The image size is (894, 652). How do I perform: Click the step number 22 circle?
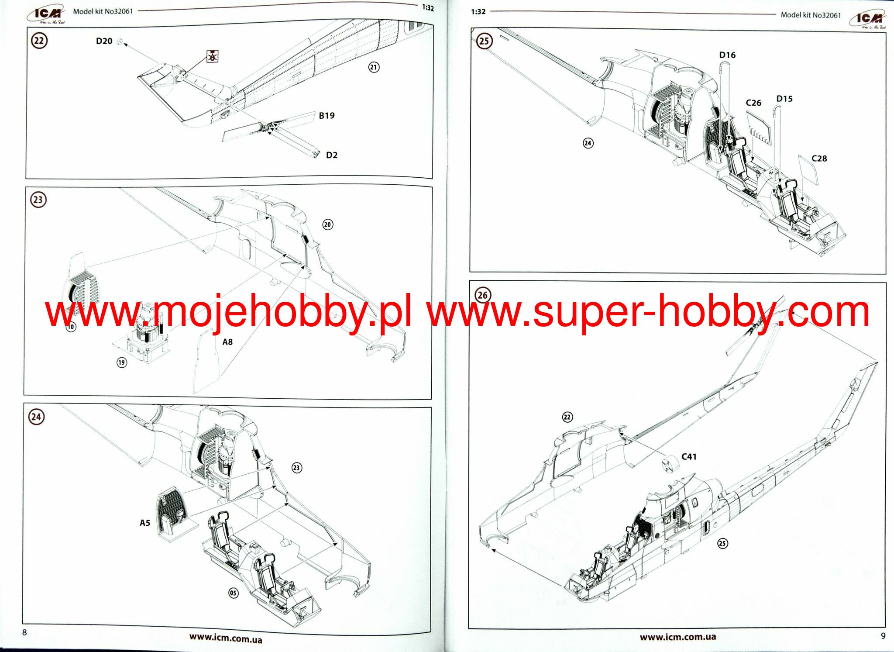[39, 41]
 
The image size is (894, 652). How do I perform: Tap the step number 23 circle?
[38, 200]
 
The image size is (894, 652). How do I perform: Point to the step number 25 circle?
[484, 41]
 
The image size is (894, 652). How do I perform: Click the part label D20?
[104, 41]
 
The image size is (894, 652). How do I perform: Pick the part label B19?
[327, 116]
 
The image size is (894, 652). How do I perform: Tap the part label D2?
[332, 155]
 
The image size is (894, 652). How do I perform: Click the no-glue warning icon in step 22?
[212, 56]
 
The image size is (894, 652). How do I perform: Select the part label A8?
[227, 342]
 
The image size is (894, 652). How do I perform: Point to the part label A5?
[145, 523]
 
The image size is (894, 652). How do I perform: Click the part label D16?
[727, 55]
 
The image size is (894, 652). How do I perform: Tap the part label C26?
[753, 103]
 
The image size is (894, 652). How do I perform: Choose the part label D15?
[784, 99]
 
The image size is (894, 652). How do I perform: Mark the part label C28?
[819, 159]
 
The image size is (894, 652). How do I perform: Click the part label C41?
[689, 457]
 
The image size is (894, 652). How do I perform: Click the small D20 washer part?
[120, 42]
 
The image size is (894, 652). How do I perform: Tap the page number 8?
[24, 632]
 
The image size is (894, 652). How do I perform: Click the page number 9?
[883, 636]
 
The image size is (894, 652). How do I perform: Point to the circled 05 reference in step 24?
[234, 593]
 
